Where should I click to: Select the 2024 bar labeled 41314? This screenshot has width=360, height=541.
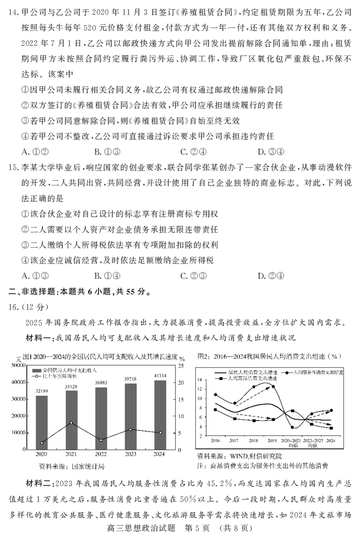pos(160,414)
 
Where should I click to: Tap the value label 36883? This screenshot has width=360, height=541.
pos(101,383)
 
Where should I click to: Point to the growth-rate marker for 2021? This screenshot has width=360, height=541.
pos(71,423)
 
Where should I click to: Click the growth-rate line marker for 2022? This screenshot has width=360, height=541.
pos(101,440)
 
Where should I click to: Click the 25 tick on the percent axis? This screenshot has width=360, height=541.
pos(180,366)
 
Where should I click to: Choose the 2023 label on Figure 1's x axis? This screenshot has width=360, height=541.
pos(130,454)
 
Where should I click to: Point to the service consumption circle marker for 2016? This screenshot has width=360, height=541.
pos(216,394)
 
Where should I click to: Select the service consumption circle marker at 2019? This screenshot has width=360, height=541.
pos(273,387)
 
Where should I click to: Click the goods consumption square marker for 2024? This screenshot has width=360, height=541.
pos(331,428)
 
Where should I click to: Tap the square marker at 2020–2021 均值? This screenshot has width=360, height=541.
pos(292,411)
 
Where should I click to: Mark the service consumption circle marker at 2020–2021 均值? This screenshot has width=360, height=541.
pos(292,427)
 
